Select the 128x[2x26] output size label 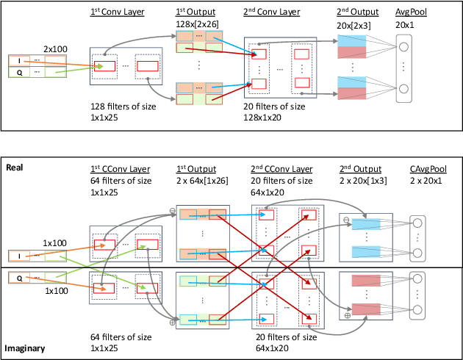click(x=198, y=25)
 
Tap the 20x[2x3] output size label click(x=349, y=25)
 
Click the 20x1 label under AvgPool click(x=406, y=25)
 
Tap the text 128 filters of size click(x=121, y=107)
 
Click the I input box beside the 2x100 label click(x=18, y=61)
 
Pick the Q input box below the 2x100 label click(x=18, y=72)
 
